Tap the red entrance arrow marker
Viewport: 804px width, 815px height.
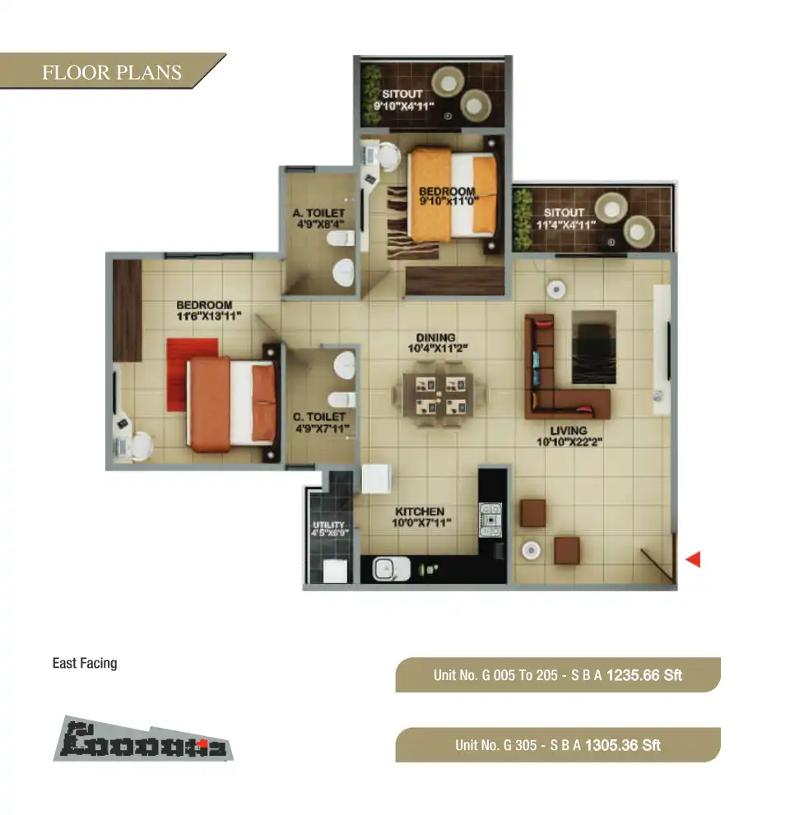point(693,560)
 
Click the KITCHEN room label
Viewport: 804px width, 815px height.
point(419,516)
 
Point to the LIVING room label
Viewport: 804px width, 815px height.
point(569,436)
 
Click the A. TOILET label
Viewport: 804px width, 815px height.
point(318,216)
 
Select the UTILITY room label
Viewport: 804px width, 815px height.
point(329,529)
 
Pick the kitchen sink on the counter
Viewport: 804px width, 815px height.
point(385,568)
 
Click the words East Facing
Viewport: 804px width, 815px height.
point(85,663)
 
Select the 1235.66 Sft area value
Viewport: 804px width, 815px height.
point(644,676)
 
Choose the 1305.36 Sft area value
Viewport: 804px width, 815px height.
point(623,746)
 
